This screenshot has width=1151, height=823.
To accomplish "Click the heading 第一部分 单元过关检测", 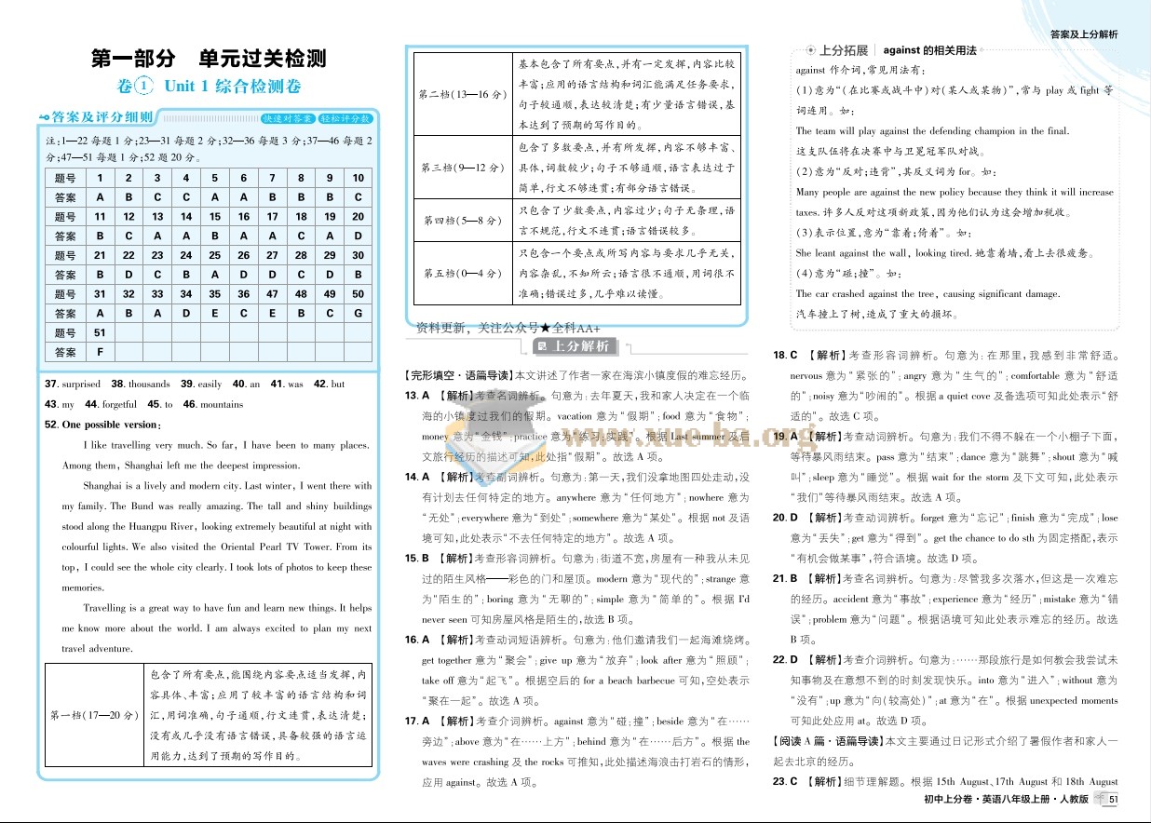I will pyautogui.click(x=209, y=59).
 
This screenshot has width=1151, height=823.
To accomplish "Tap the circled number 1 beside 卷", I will pyautogui.click(x=142, y=86).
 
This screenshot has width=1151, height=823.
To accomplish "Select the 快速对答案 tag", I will pyautogui.click(x=287, y=119).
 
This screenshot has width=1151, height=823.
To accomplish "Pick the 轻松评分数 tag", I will pyautogui.click(x=345, y=119).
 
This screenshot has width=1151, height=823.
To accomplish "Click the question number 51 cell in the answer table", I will pyautogui.click(x=100, y=332).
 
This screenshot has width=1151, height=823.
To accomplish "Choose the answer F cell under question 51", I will pyautogui.click(x=100, y=352).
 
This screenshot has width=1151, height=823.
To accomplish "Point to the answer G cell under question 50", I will pyautogui.click(x=358, y=314).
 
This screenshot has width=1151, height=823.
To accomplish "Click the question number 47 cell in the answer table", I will pyautogui.click(x=272, y=294).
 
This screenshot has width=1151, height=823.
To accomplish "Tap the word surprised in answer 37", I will pyautogui.click(x=81, y=384).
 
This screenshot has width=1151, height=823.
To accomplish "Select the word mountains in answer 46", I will pyautogui.click(x=222, y=404).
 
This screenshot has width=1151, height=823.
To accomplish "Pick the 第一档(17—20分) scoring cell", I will pyautogui.click(x=93, y=715).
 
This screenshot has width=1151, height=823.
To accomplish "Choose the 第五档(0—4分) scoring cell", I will pyautogui.click(x=463, y=274).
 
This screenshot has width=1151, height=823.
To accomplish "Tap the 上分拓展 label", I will pyautogui.click(x=843, y=50).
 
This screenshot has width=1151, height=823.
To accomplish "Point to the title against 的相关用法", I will pyautogui.click(x=929, y=50).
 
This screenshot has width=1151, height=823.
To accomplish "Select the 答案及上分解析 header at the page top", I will pyautogui.click(x=1083, y=34).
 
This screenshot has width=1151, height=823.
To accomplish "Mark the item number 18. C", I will pyautogui.click(x=786, y=355).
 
